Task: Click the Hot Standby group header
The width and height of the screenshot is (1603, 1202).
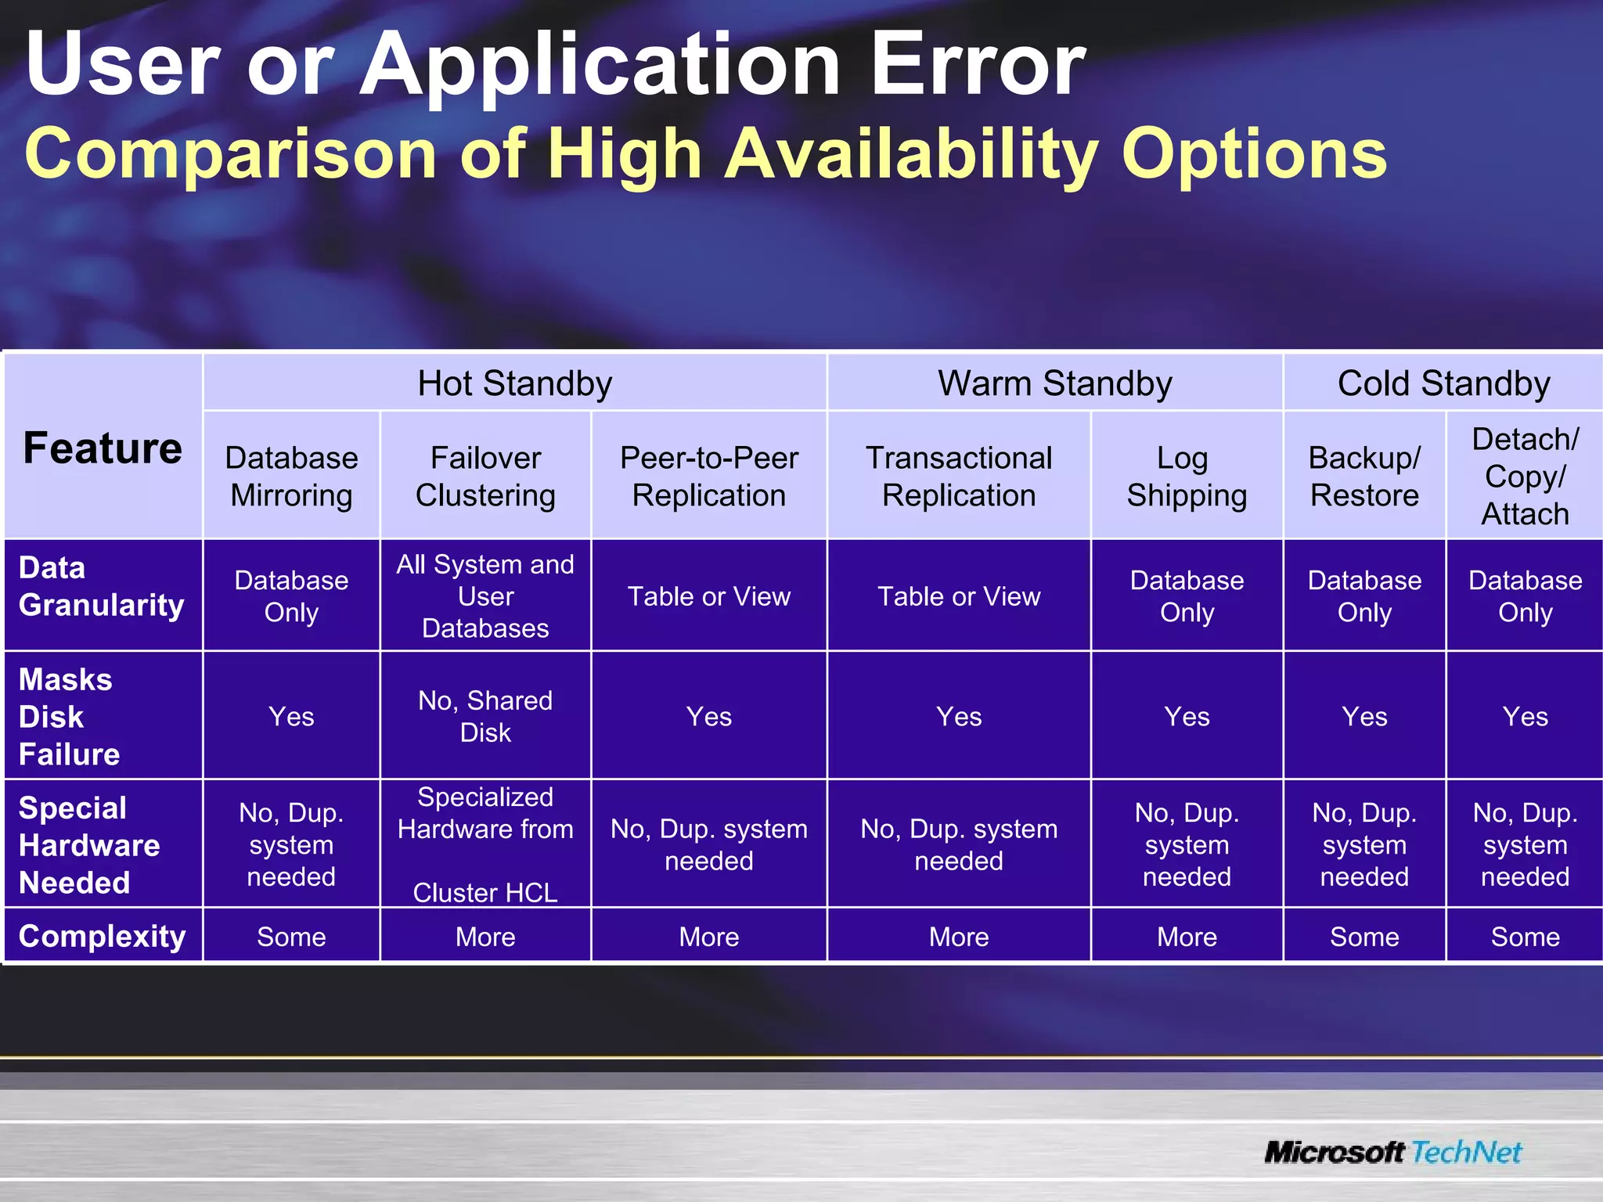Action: [514, 383]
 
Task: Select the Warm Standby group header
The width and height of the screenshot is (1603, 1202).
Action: [1054, 383]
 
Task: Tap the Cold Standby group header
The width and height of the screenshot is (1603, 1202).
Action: [1443, 383]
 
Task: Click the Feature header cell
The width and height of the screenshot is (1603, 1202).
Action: [103, 448]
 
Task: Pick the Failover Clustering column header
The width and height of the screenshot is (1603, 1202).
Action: [485, 476]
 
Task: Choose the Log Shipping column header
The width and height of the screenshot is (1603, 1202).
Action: [1187, 476]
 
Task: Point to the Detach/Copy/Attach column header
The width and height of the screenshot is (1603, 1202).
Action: [1525, 476]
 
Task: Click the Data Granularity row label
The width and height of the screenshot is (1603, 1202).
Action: [102, 586]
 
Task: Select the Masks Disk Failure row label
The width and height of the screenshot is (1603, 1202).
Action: [69, 716]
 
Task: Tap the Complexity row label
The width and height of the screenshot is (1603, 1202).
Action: [102, 936]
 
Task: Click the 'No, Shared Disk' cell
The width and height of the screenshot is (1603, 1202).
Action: [485, 716]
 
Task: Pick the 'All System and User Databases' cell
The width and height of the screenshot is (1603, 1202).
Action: [485, 596]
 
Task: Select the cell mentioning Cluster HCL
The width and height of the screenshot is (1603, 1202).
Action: [485, 844]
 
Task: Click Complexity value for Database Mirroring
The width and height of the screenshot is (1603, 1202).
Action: [291, 937]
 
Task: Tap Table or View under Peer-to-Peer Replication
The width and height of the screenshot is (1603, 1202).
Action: [709, 596]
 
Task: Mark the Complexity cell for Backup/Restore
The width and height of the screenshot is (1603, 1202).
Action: [1364, 937]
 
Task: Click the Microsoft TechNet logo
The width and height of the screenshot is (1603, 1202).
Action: [1392, 1152]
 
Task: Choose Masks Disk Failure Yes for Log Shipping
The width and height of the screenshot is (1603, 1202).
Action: [1187, 716]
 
